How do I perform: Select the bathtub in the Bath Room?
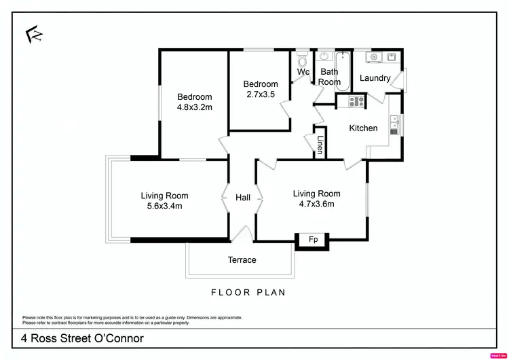[343, 71]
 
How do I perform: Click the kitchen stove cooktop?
[356, 102]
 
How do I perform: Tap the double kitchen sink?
[394, 126]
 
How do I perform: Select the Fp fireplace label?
[313, 240]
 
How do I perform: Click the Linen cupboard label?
[320, 144]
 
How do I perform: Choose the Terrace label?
[242, 260]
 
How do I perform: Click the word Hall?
[243, 198]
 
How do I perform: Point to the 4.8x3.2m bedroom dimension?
[195, 107]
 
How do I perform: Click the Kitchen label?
[363, 128]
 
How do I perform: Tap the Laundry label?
[375, 78]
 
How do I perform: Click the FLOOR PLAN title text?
[248, 293]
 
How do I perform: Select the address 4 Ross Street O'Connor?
[82, 338]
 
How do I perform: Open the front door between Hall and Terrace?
[242, 236]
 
